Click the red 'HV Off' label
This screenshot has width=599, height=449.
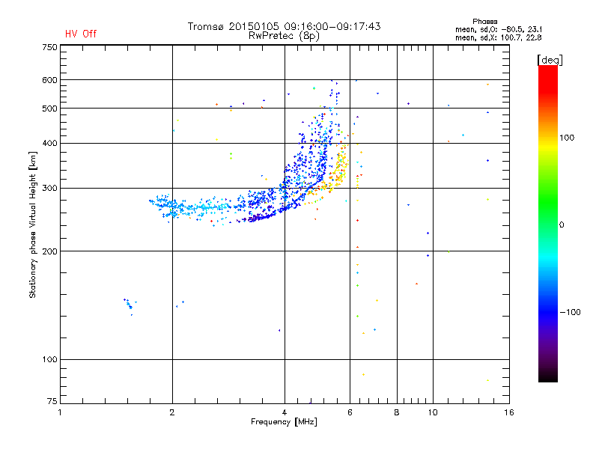81,34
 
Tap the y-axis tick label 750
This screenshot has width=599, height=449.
49,47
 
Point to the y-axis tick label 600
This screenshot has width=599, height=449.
49,80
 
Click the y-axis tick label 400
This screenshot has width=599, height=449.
49,143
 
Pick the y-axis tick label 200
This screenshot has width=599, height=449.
49,251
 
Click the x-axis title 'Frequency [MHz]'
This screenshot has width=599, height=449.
283,423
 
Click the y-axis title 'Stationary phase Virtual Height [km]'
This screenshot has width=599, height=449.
33,224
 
